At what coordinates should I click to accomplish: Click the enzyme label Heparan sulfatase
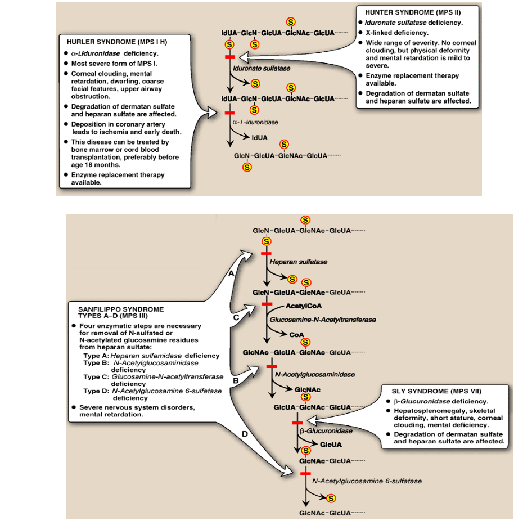(298, 262)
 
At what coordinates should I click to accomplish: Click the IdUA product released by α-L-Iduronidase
(260, 137)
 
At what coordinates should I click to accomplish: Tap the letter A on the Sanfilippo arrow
(230, 274)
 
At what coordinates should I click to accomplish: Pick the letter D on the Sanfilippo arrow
(244, 434)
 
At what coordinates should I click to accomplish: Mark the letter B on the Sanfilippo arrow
(236, 380)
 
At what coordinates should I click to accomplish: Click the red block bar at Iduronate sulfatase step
(230, 57)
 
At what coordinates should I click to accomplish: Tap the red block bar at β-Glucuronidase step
(297, 422)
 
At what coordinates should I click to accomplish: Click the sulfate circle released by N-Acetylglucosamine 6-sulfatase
(331, 498)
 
